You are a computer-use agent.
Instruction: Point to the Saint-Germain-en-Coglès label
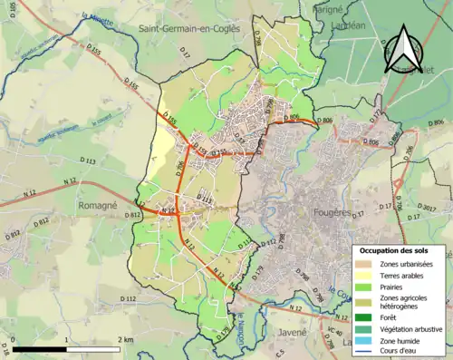click(x=188, y=29)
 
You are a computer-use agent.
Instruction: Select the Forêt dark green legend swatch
click(x=367, y=317)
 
